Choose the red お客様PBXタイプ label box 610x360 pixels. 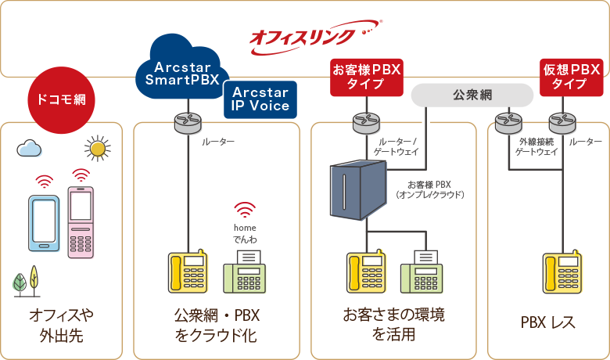(x=367, y=77)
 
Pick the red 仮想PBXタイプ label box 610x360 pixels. (x=571, y=77)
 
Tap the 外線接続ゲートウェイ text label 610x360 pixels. (x=538, y=146)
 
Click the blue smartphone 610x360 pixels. (x=44, y=223)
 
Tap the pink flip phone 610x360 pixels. (x=81, y=221)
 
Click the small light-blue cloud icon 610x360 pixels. (x=30, y=147)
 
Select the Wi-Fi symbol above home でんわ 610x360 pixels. (x=245, y=210)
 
